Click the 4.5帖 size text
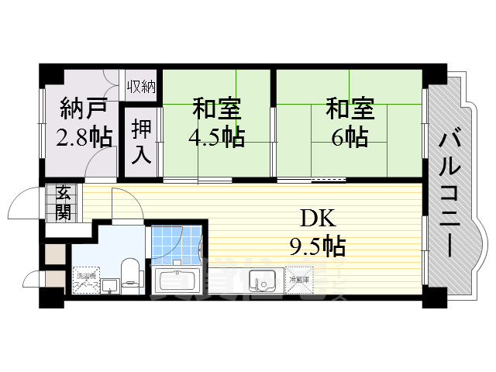click(216, 137)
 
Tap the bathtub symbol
click(179, 280)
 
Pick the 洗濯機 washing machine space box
click(85, 281)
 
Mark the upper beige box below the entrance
click(56, 253)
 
